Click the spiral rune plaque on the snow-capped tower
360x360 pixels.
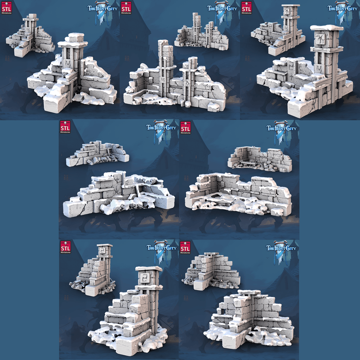click(x=144, y=278)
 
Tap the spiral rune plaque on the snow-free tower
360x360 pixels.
click(x=102, y=251)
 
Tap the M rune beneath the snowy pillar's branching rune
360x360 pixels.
click(x=319, y=68)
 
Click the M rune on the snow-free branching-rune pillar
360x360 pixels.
click(x=286, y=28)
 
